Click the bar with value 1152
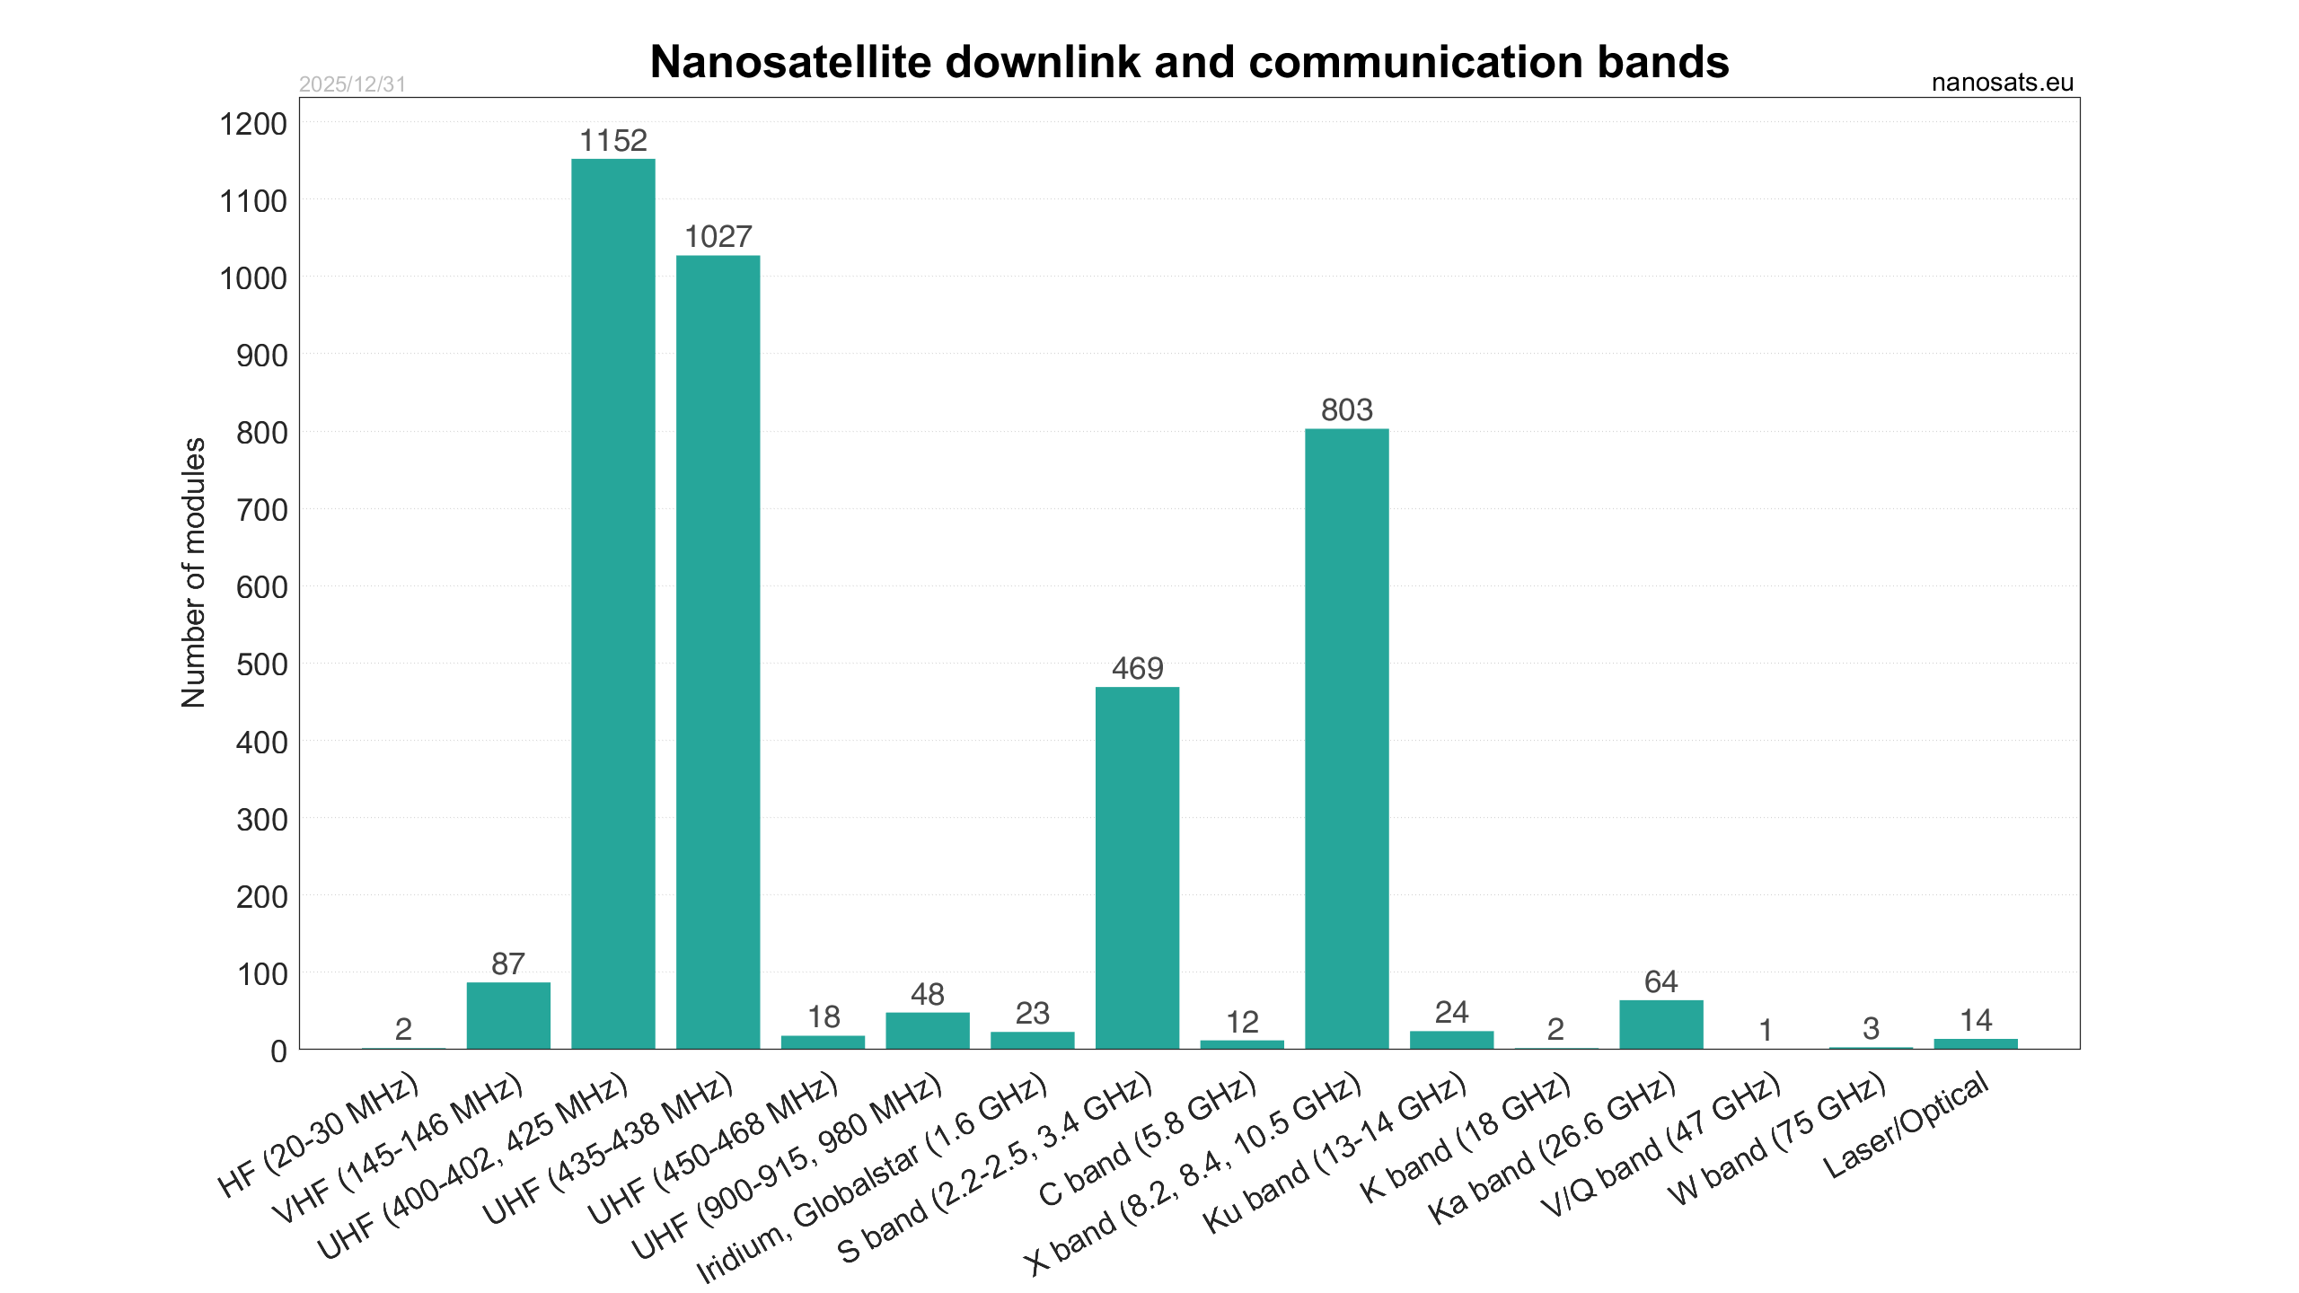pyautogui.click(x=613, y=603)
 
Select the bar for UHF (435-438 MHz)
pyautogui.click(x=718, y=652)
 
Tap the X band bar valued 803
pyautogui.click(x=1346, y=738)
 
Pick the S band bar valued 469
pyautogui.click(x=1137, y=867)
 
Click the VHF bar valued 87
pyautogui.click(x=508, y=1016)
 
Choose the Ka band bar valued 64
pyautogui.click(x=1660, y=1025)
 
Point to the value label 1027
pyautogui.click(x=718, y=237)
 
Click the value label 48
pyautogui.click(x=928, y=994)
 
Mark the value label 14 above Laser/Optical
pyautogui.click(x=1976, y=1020)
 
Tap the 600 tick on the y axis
pyautogui.click(x=261, y=587)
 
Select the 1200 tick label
pyautogui.click(x=253, y=124)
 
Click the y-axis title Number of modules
pyautogui.click(x=194, y=573)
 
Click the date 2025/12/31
pyautogui.click(x=352, y=84)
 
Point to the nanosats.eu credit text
pyautogui.click(x=2002, y=83)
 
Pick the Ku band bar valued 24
pyautogui.click(x=1451, y=1040)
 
